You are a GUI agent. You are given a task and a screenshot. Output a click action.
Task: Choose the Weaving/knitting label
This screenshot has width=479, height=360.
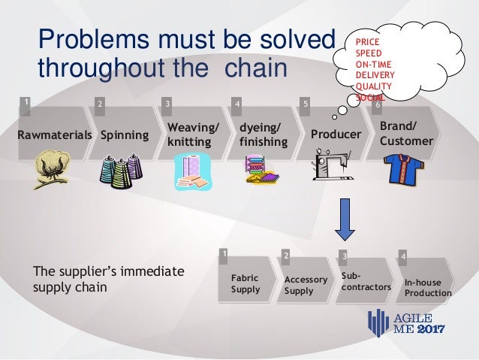190,135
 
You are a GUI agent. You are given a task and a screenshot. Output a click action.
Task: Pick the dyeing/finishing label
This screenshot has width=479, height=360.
262,135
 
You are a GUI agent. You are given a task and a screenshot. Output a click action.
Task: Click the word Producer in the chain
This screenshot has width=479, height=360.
336,135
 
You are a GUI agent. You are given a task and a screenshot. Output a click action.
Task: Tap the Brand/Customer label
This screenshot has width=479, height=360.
406,133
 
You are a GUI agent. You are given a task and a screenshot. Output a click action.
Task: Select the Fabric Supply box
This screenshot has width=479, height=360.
246,283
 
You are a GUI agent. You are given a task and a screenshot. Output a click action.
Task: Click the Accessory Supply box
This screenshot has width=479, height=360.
306,285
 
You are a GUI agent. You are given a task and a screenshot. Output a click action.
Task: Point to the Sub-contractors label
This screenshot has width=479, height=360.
366,282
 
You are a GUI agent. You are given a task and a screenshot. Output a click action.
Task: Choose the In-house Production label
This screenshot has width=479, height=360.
428,288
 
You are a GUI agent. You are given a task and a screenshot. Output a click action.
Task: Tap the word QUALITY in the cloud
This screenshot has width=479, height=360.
373,86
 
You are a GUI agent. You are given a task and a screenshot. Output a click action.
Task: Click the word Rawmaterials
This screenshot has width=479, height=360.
54,135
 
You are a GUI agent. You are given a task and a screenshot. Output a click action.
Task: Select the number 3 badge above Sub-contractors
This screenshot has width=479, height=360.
344,256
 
